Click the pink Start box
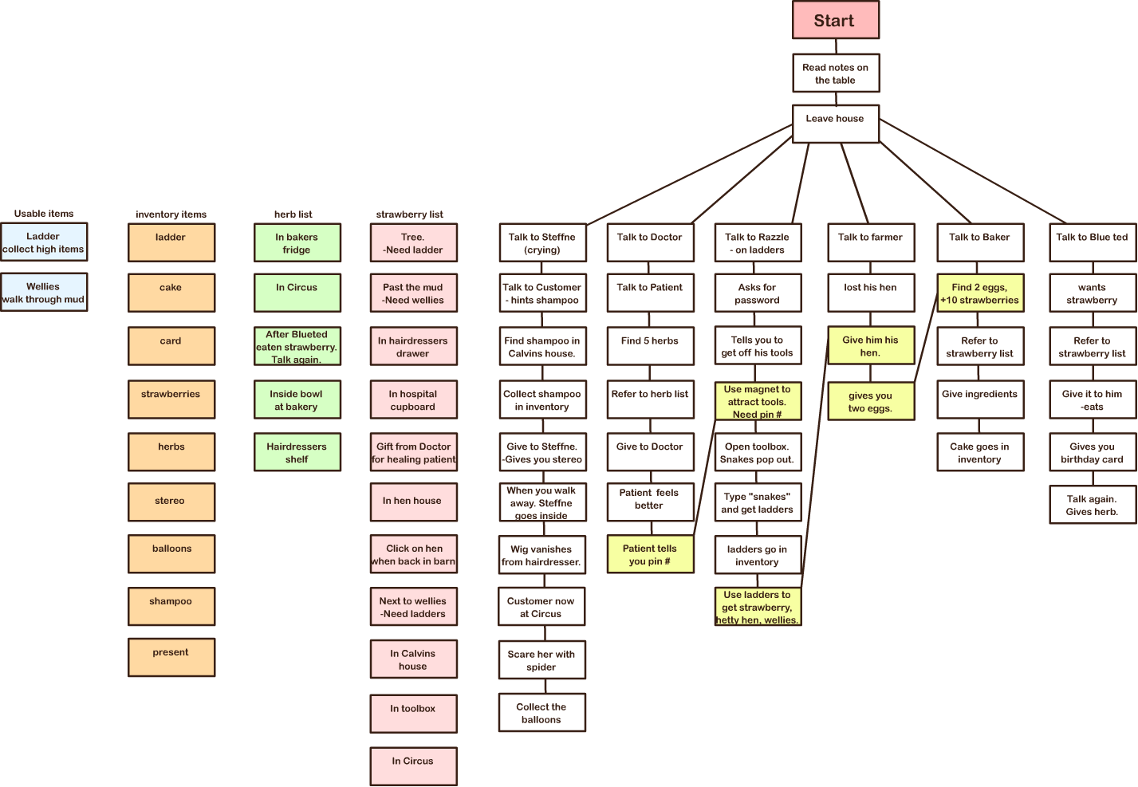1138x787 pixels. [835, 21]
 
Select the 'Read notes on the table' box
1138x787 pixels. [835, 73]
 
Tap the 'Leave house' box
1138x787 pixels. [835, 124]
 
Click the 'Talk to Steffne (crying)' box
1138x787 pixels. [542, 243]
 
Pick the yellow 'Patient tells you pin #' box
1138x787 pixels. [650, 554]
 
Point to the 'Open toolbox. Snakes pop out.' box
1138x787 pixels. [757, 453]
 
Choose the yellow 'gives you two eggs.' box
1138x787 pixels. [870, 402]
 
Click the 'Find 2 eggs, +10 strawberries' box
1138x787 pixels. [979, 293]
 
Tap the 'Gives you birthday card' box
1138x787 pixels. [1092, 453]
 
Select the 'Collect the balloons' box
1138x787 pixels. [541, 713]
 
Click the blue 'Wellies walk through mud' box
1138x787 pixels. [44, 293]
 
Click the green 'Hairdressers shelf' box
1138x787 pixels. [297, 452]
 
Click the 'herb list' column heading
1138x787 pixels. [293, 214]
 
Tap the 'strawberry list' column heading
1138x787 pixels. [409, 214]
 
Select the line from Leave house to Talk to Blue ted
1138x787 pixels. [973, 171]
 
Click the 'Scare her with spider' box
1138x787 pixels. [541, 660]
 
